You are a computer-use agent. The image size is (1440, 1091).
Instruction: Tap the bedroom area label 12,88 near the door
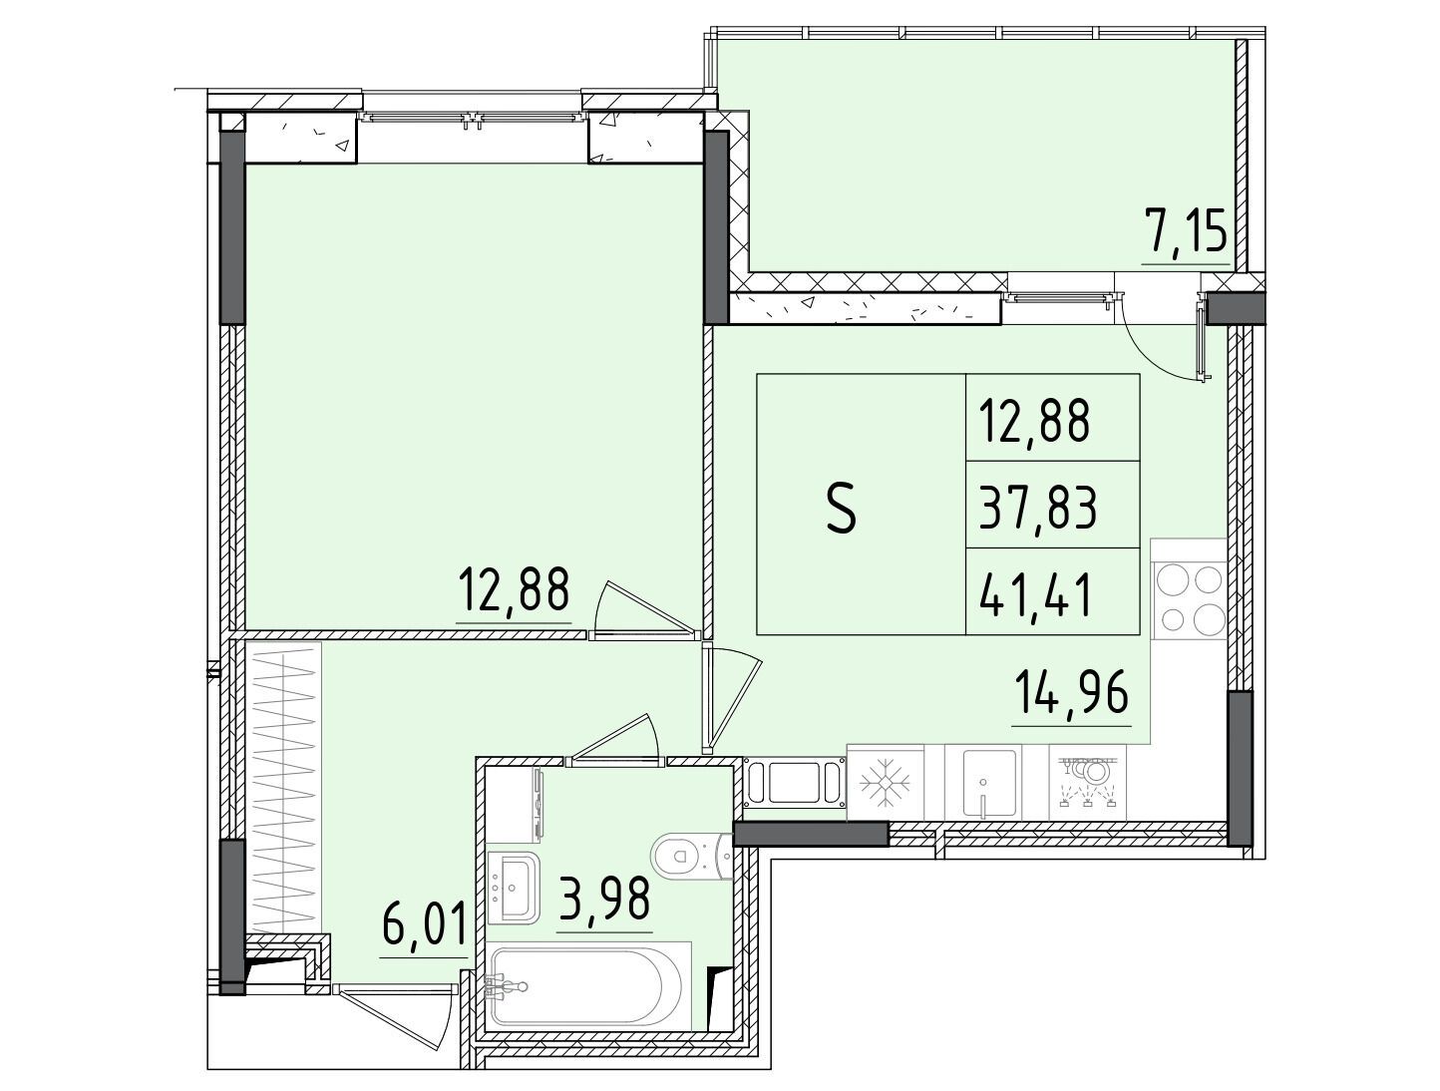513,589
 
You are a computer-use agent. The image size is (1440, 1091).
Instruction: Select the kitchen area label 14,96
1071,693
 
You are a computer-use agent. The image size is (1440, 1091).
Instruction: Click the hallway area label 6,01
425,923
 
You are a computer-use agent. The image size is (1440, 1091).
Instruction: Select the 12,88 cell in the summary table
1034,421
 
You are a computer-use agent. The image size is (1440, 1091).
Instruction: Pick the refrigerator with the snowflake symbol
885,783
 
